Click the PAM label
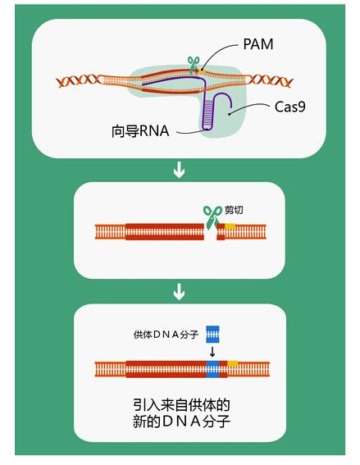[258, 44]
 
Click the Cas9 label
[289, 107]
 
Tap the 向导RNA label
[140, 130]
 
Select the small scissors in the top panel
[194, 65]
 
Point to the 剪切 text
[234, 210]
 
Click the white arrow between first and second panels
[179, 170]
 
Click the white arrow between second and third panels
[179, 292]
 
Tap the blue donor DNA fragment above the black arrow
[212, 335]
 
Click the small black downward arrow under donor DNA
[212, 352]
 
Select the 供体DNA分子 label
[166, 335]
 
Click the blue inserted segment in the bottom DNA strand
[213, 369]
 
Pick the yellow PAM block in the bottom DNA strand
[233, 363]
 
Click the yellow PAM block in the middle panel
[230, 226]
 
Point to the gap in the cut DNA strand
[211, 231]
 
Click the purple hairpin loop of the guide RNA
[207, 127]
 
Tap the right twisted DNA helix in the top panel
[270, 80]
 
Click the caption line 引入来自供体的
[181, 405]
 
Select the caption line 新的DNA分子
[181, 421]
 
